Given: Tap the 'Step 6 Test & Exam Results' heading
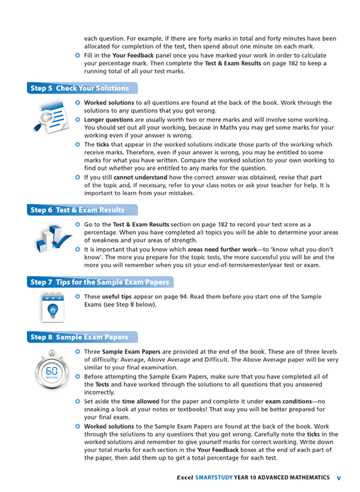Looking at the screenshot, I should pos(77,210).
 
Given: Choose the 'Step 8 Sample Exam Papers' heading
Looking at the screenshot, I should pos(79,337).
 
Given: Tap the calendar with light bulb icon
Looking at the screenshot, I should pos(52,307).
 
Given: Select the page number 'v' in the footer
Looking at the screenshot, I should pos(339,477).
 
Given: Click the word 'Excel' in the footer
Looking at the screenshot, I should pos(184,477).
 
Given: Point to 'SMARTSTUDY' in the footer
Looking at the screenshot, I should pos(213,477).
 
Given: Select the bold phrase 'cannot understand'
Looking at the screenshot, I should pos(141,177).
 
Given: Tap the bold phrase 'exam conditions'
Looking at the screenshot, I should pos(290,401).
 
